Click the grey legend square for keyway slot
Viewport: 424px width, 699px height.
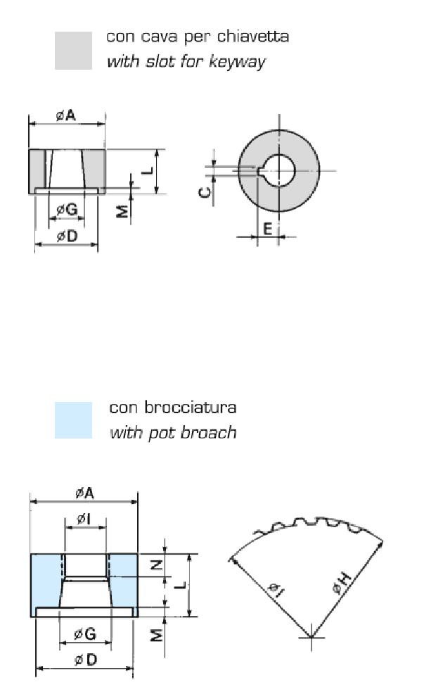click(73, 51)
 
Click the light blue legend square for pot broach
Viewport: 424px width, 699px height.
click(73, 420)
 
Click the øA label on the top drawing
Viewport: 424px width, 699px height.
click(66, 115)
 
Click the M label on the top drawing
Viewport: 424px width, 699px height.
click(121, 210)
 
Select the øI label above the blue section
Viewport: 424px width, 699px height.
click(82, 519)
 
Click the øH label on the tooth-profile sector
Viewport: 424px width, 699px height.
click(342, 582)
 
